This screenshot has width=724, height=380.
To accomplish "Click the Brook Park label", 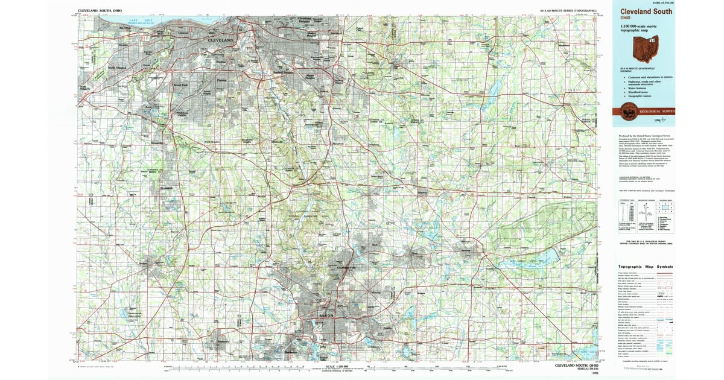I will pos(181,86).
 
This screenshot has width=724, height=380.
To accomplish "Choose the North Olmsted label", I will pos(115,68).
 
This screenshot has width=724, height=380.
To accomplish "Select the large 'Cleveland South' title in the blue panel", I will pos(643,11).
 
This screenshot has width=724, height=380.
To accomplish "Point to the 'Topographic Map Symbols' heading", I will pos(645,267).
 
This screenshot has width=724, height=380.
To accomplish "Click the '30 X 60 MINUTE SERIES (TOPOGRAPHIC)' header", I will pos(568,11).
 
